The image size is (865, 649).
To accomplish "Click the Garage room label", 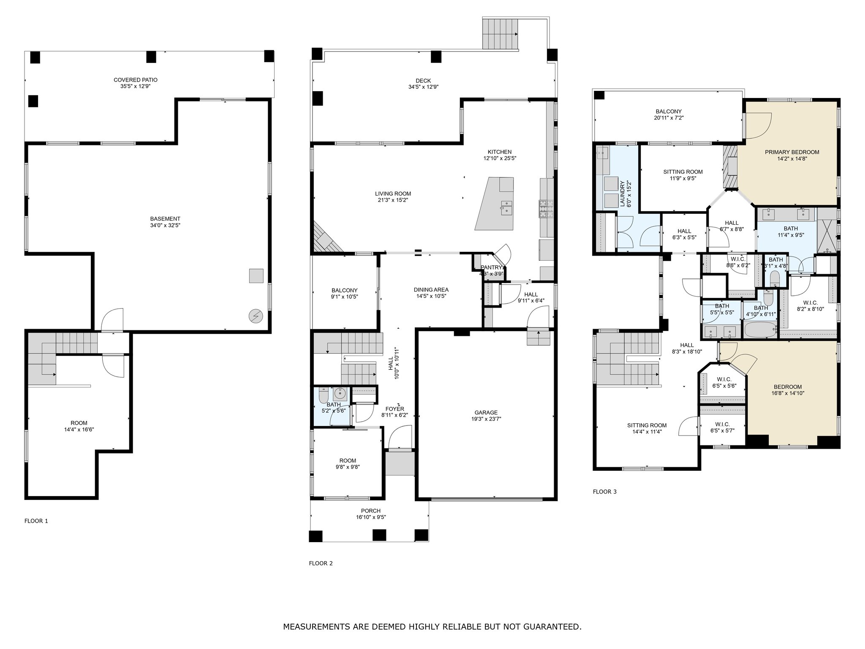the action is coord(486,412).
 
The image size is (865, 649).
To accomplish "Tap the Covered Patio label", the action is coord(136,80).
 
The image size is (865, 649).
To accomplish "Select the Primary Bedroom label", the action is coord(792,152).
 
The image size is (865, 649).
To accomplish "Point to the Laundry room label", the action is coord(622,194).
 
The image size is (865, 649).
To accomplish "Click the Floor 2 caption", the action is coord(321,563).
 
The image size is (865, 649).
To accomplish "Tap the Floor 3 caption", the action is coord(605,491).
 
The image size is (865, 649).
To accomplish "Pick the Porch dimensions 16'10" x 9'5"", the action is coord(371,517).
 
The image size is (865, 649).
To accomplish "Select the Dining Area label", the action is coord(431,289).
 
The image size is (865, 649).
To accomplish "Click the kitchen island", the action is coord(495,203).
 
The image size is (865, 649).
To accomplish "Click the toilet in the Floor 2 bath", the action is coord(323,396).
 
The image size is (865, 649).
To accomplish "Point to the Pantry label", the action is coord(492,267).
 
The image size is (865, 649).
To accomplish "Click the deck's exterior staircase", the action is coord(501,34).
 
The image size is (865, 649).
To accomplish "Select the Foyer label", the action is coord(394,409).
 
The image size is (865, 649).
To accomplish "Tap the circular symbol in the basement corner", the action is coord(256,316).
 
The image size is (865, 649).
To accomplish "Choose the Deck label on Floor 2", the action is coord(423,81).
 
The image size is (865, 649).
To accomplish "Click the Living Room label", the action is coord(393,194).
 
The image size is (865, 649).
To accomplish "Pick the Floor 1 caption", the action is coord(36,521).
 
